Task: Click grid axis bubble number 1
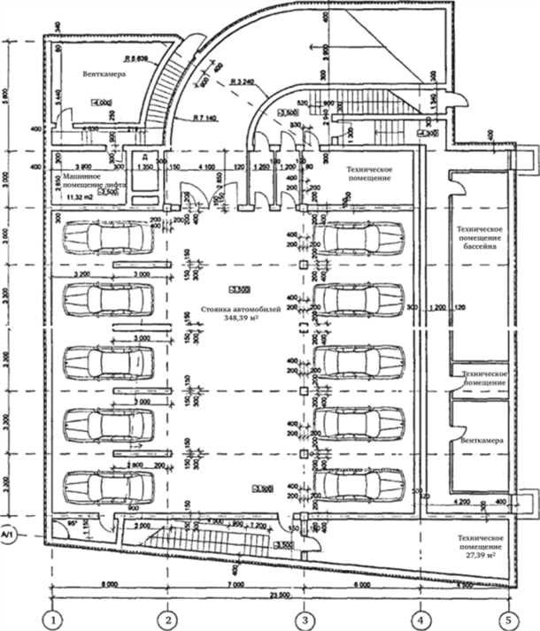pyautogui.click(x=56, y=618)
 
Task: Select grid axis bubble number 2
pyautogui.click(x=170, y=618)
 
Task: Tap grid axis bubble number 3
pyautogui.click(x=304, y=618)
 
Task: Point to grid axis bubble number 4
pyautogui.click(x=420, y=618)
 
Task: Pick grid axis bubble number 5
pyautogui.click(x=510, y=618)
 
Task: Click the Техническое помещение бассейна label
pyautogui.click(x=479, y=237)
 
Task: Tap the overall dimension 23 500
pyautogui.click(x=257, y=596)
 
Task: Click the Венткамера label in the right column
pyautogui.click(x=480, y=439)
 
